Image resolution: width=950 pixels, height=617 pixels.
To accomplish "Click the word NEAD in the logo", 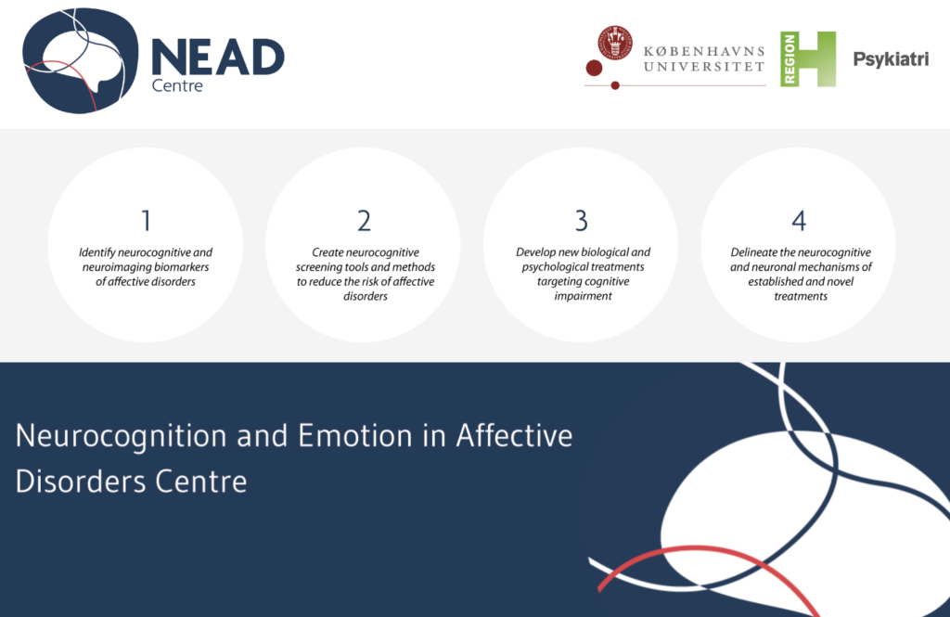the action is [x=218, y=58].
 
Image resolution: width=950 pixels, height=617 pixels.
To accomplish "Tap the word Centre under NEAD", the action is [x=177, y=85].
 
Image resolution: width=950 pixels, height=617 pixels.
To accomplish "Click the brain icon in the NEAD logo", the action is [x=81, y=60].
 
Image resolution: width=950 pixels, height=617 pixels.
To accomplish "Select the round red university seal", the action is [x=615, y=43].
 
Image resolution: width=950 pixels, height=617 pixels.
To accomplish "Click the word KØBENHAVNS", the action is [x=704, y=51].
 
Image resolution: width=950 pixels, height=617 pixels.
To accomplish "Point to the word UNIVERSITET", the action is [x=704, y=67].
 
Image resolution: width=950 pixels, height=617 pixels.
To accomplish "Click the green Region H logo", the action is [x=808, y=58].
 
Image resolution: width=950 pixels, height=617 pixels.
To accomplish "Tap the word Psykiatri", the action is [x=891, y=59].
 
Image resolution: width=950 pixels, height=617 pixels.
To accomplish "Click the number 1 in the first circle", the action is [x=146, y=221].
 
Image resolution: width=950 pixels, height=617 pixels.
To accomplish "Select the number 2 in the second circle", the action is [x=364, y=221].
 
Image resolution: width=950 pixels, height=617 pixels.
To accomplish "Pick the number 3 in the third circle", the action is [x=581, y=221].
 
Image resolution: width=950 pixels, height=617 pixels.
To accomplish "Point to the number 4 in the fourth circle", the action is [x=799, y=221].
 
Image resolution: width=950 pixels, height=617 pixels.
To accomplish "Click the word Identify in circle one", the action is [x=96, y=252].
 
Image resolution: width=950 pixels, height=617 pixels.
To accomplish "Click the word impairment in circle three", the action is [x=583, y=296].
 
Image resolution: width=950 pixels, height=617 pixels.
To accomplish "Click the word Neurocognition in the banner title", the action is [x=122, y=436].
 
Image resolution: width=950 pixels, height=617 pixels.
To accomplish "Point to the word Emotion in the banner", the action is [x=355, y=436].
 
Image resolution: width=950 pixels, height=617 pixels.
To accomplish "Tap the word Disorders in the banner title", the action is [x=81, y=482].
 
